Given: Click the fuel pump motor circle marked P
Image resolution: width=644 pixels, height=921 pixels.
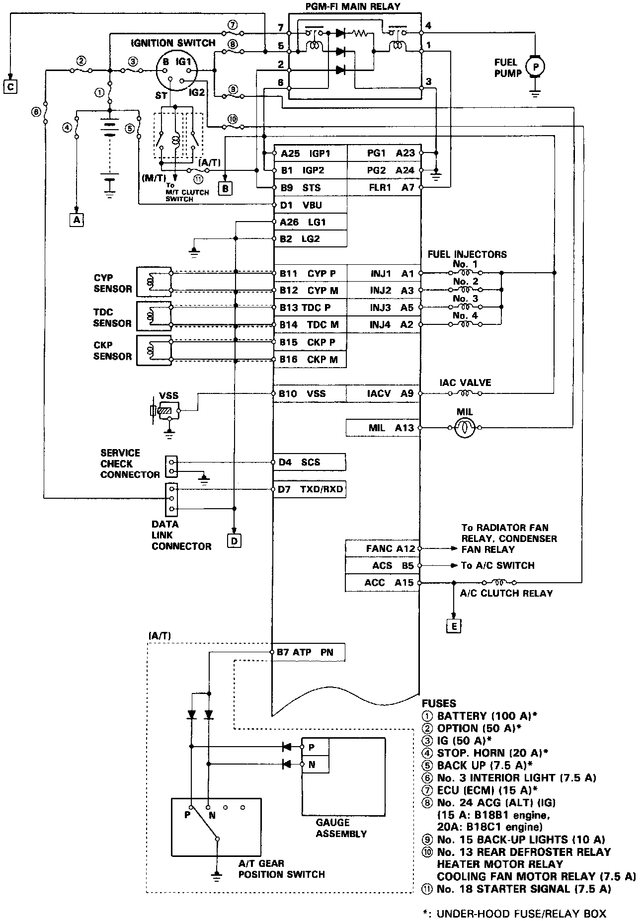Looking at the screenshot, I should (535, 66).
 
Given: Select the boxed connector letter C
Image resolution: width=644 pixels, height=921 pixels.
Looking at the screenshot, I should (9, 86).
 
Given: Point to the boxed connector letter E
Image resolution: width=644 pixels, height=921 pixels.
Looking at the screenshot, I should (453, 626).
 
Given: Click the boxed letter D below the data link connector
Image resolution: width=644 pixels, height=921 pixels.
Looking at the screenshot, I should (234, 539).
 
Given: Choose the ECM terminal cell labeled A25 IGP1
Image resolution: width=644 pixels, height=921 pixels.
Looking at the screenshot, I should (310, 153).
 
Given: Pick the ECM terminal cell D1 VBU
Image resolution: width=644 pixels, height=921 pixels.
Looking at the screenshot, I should (310, 205).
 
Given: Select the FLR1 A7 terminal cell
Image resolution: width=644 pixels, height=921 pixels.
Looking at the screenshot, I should (383, 187).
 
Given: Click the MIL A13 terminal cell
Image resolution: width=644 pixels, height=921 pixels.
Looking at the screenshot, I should (383, 428).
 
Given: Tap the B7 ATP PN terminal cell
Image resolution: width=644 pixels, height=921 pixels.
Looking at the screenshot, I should (309, 652).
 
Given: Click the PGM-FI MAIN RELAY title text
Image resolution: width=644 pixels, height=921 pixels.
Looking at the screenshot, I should (352, 7).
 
